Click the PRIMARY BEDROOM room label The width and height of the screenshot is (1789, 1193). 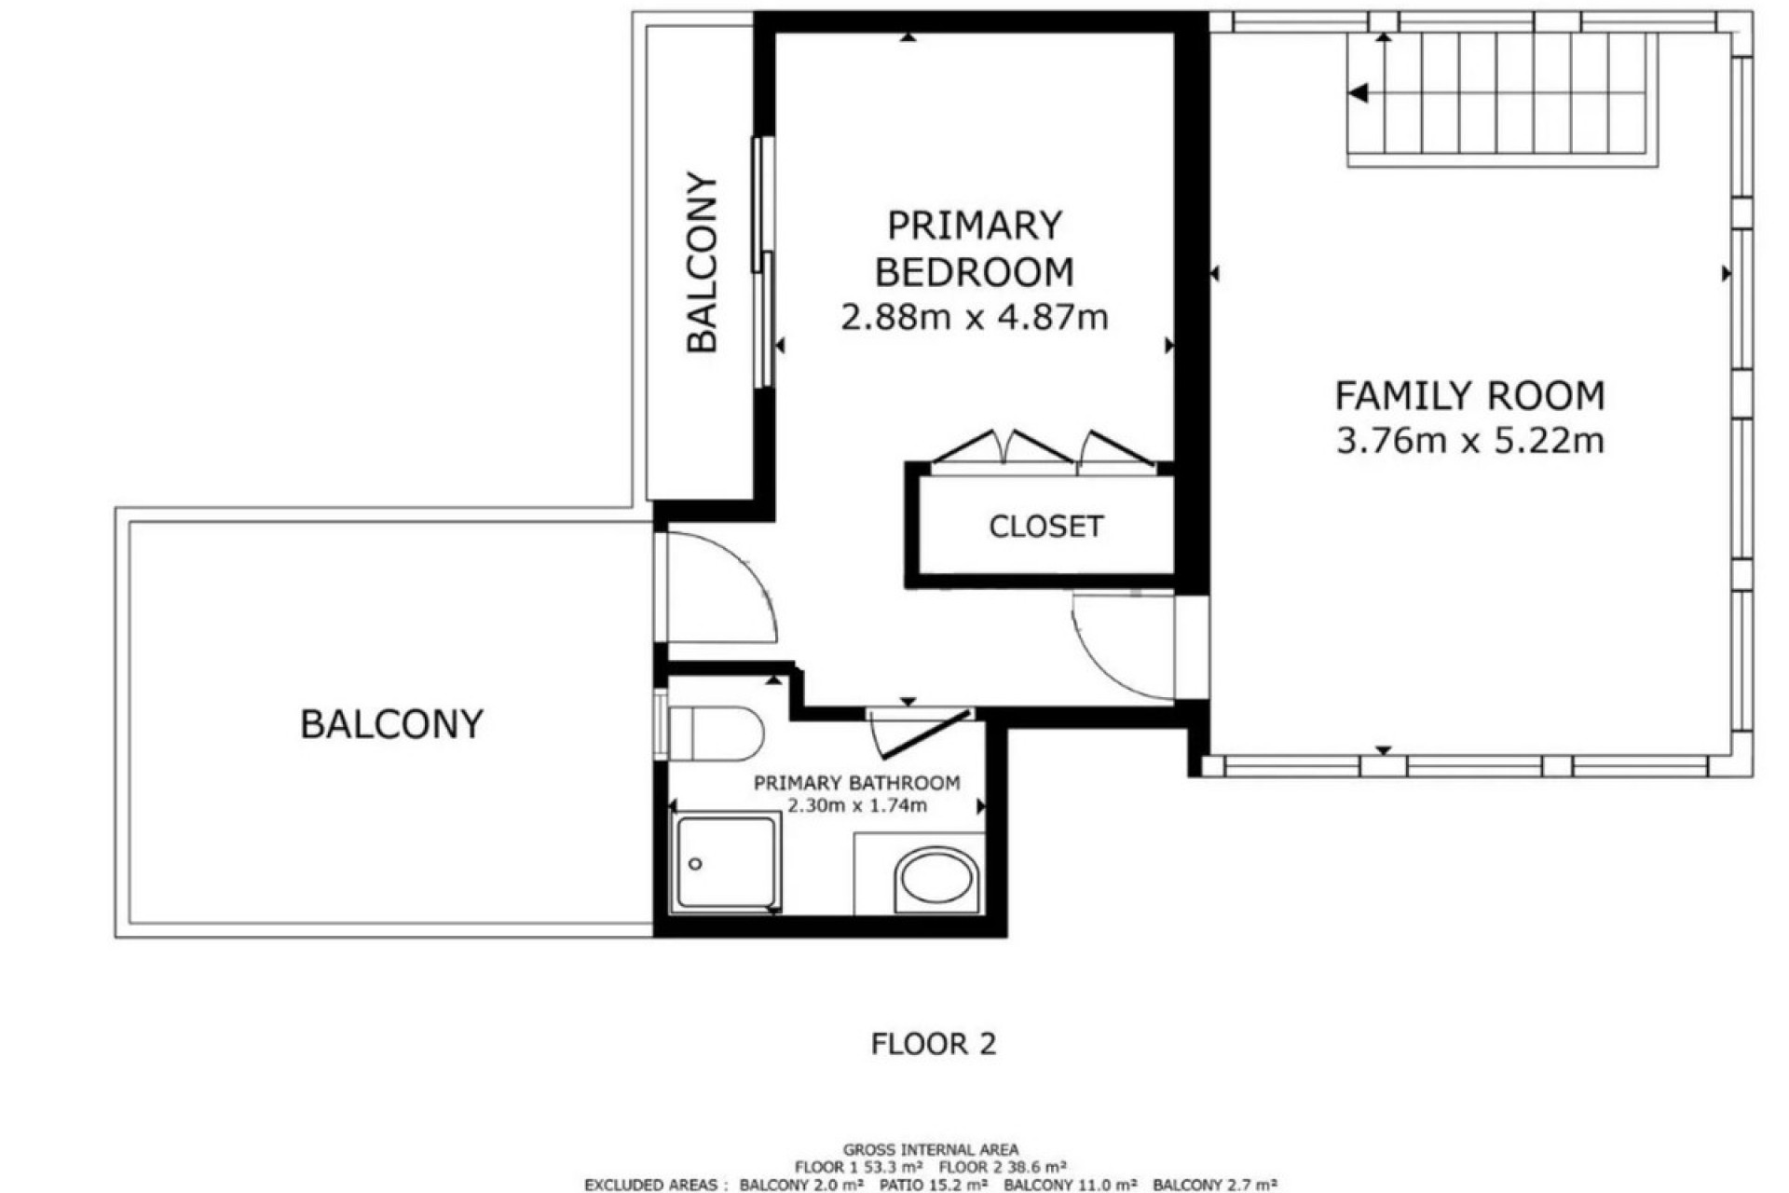975,249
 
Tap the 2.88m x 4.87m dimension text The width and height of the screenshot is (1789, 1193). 975,318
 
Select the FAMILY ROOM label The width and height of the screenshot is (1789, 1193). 1470,396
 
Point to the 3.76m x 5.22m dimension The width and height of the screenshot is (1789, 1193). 1470,440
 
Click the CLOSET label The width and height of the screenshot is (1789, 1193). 1045,527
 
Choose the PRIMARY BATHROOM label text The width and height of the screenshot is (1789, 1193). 856,783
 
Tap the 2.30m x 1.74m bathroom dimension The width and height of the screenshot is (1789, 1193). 857,805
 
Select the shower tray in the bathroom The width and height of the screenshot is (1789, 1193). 727,862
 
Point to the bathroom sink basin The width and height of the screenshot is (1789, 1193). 935,880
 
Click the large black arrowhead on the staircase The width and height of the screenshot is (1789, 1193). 1358,93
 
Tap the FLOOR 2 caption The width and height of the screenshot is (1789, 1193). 934,1044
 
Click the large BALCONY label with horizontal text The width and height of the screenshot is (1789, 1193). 391,724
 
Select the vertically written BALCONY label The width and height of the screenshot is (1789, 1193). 703,264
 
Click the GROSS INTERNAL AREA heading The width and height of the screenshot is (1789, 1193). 931,1149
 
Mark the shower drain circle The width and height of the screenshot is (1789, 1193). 695,864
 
